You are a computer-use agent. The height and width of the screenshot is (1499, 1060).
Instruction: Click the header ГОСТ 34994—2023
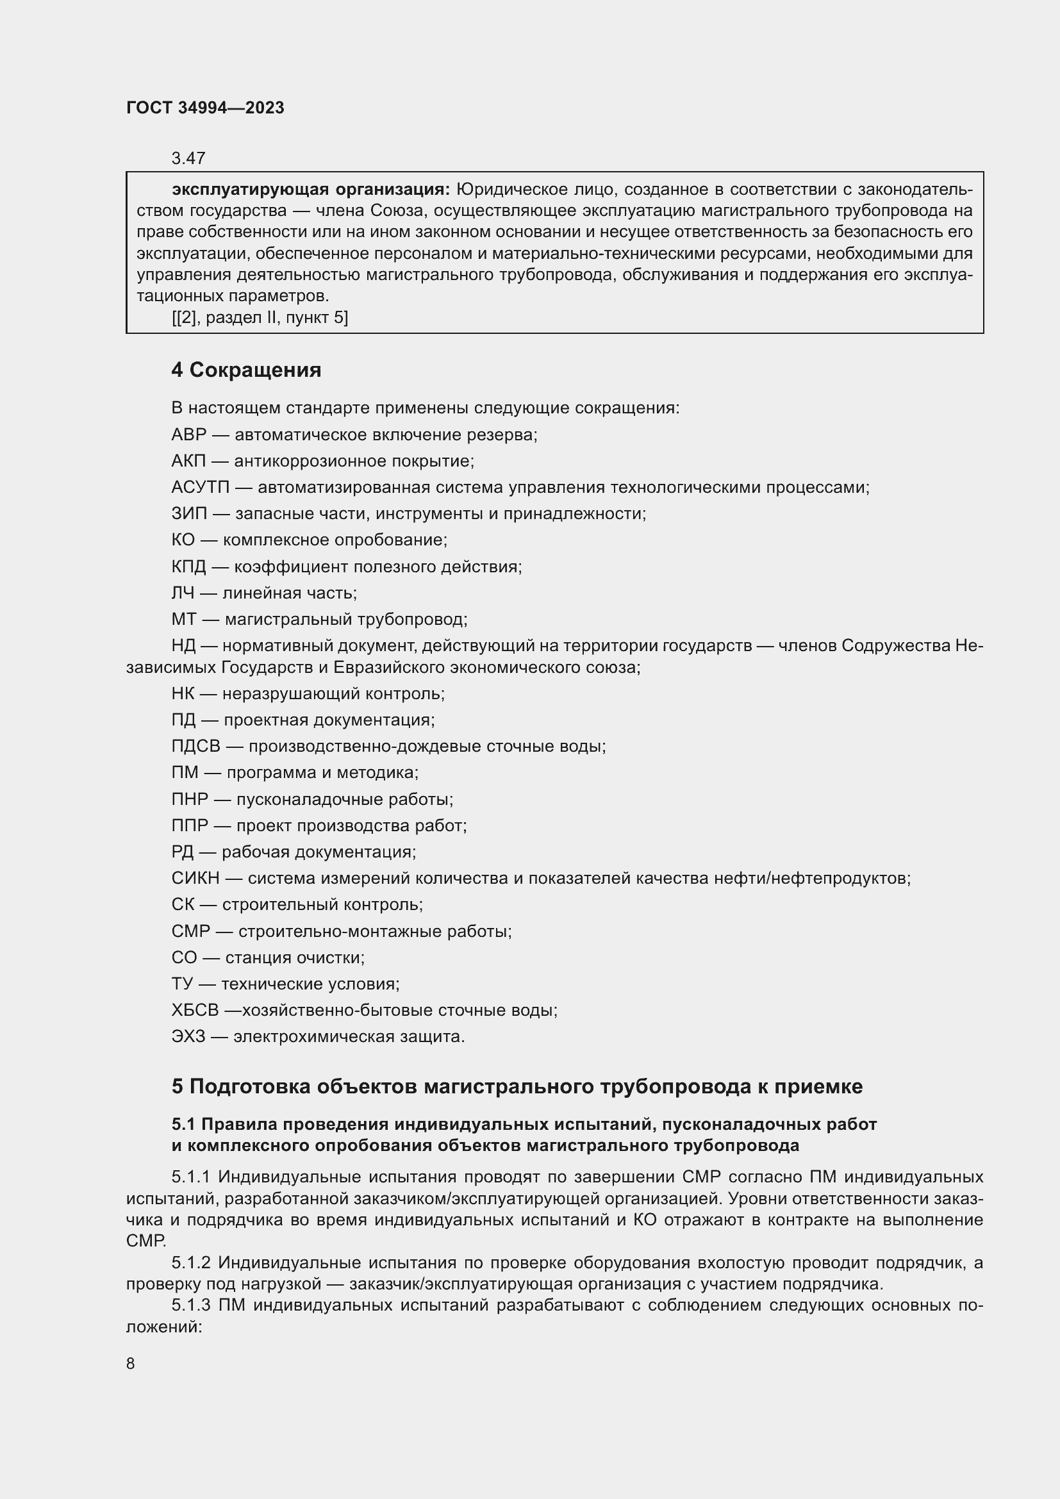click(205, 108)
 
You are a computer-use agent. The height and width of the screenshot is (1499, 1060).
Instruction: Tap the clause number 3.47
click(188, 158)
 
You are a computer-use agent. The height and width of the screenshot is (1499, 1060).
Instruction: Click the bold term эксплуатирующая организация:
click(311, 189)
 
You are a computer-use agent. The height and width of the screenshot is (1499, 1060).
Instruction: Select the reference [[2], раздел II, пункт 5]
click(260, 318)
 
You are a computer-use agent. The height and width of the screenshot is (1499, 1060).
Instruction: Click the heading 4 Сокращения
click(246, 370)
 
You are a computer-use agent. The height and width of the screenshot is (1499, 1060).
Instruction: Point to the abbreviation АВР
click(188, 435)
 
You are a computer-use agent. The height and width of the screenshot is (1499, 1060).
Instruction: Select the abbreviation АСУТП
click(201, 487)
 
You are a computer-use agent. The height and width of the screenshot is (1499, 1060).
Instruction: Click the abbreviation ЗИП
click(188, 514)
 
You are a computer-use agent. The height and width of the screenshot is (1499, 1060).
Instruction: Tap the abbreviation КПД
click(188, 567)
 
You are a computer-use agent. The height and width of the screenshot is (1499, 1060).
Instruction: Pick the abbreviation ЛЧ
click(183, 593)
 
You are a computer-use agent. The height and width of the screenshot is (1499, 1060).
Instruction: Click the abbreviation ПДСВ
click(196, 746)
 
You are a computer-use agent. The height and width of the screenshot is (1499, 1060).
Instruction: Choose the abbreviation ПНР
click(189, 799)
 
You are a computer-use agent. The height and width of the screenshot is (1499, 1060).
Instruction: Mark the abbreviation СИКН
click(195, 878)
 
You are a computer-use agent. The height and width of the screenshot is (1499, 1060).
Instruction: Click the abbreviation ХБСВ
click(195, 1010)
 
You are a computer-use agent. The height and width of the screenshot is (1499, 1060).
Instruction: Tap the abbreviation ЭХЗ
click(188, 1036)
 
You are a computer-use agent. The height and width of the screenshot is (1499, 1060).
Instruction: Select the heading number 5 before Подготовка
click(177, 1086)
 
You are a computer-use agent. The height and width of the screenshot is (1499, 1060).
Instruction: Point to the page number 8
click(131, 1363)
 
